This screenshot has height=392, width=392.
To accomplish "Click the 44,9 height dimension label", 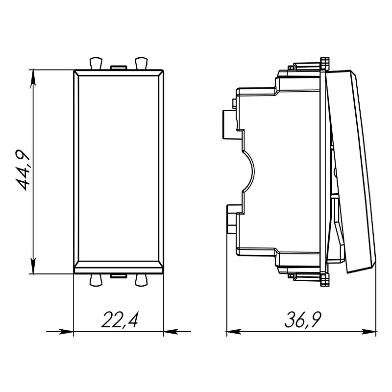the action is pos(23,170).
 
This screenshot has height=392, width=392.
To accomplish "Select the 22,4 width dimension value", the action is pos(120,319).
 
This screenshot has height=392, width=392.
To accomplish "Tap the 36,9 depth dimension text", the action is pos(303,319).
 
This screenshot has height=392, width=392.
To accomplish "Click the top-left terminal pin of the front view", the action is pos(96,63).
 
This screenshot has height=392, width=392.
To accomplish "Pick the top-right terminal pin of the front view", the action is pos(141,63).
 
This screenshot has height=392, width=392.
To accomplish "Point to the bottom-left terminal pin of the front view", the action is pos(96,280).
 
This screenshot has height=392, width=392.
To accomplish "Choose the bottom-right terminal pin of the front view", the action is pos(141,280).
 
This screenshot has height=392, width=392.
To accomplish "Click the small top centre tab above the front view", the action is pos(118,67).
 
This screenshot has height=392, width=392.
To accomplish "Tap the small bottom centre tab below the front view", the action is pos(118,276).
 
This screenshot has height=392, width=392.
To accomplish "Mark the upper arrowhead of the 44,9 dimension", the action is pos(33,77).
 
